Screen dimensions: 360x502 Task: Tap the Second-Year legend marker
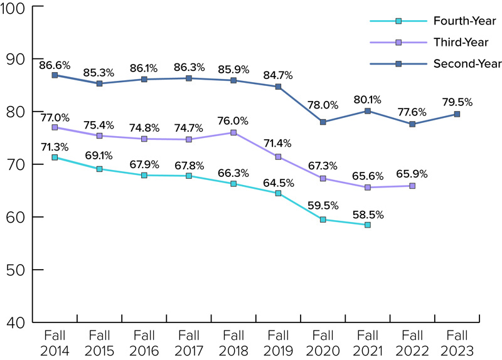coord(399,63)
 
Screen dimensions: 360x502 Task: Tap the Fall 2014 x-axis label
coord(55,343)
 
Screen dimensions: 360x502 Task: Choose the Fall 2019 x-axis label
coord(278,343)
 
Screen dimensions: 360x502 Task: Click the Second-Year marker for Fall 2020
coord(323,122)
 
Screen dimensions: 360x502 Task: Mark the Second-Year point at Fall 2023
coord(457,114)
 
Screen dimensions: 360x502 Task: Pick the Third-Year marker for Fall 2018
coord(233,133)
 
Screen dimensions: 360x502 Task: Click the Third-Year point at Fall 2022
coord(412,186)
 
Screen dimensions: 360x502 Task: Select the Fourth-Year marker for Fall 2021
coord(368,225)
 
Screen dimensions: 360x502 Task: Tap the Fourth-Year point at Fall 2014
coord(55,157)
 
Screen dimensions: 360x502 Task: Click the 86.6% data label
coord(55,65)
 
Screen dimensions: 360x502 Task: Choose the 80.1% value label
coord(368,99)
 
